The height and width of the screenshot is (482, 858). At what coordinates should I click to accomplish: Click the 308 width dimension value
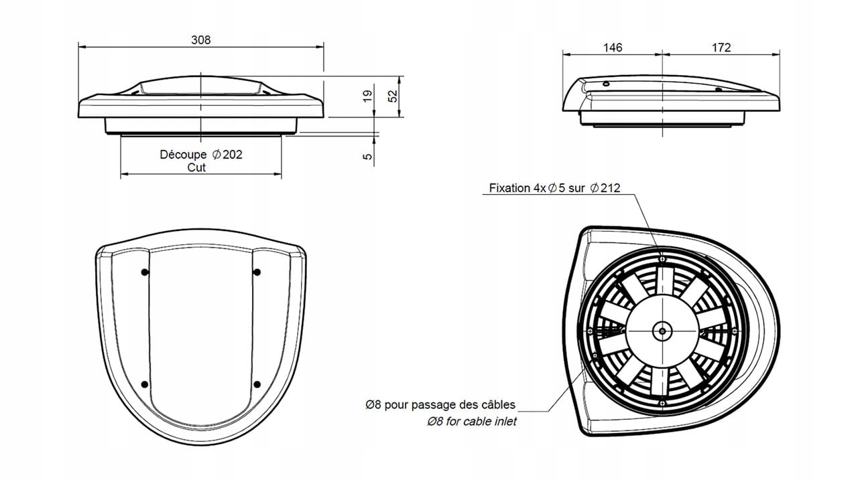[x=200, y=39]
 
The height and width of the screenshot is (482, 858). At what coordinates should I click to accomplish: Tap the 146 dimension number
[x=613, y=48]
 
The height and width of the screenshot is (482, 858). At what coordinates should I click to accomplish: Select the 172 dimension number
[x=721, y=48]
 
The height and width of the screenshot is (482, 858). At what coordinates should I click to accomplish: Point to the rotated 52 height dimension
[x=393, y=96]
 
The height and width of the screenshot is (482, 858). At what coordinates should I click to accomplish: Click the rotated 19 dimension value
[x=367, y=98]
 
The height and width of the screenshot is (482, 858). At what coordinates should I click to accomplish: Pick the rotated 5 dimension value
[x=367, y=157]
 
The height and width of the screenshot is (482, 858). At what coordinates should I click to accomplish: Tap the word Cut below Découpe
[x=196, y=167]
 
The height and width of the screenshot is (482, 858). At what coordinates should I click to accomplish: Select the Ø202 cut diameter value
[x=227, y=155]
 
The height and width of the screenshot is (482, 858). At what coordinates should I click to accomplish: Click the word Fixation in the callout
[x=509, y=189]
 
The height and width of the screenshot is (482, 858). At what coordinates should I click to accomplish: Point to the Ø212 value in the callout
[x=605, y=189]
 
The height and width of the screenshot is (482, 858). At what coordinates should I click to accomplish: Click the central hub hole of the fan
[x=663, y=330]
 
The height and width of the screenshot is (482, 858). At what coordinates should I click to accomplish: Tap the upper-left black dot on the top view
[x=144, y=272]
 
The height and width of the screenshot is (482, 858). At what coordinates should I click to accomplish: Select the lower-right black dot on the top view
[x=257, y=384]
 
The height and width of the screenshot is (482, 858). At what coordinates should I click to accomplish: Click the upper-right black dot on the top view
[x=257, y=272]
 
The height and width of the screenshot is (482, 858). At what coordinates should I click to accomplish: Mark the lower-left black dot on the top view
[x=144, y=384]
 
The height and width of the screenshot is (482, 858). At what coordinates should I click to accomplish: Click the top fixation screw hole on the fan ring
[x=663, y=258]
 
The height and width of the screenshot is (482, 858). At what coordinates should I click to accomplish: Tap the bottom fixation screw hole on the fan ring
[x=663, y=402]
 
